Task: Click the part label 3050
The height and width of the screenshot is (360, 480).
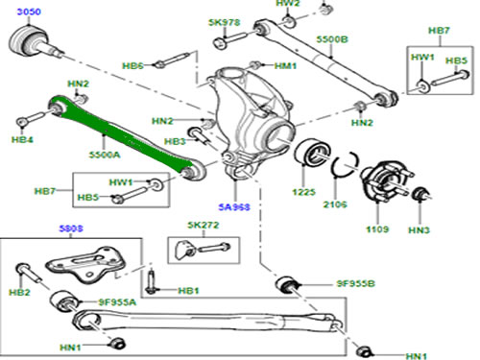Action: click(x=29, y=12)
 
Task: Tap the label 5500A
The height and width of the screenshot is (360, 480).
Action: click(x=105, y=155)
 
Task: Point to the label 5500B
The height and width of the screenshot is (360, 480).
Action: click(x=332, y=39)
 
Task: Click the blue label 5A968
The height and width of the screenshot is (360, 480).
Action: click(x=234, y=207)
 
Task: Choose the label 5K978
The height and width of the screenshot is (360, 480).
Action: click(x=224, y=22)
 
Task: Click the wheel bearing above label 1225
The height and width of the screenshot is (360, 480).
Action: click(x=312, y=152)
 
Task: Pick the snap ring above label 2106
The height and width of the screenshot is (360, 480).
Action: click(x=345, y=163)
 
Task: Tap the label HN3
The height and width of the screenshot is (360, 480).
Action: click(x=419, y=230)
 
